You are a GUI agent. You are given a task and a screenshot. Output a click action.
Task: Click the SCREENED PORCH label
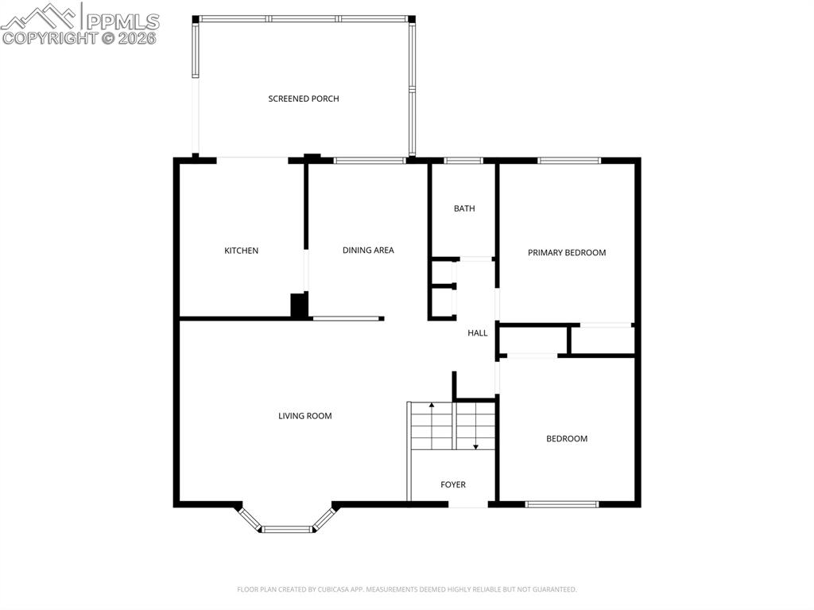[x=304, y=99]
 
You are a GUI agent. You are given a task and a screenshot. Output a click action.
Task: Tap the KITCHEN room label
[x=241, y=251]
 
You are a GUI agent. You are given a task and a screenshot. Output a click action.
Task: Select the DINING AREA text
[x=368, y=250]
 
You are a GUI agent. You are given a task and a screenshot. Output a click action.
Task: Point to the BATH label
[x=464, y=208]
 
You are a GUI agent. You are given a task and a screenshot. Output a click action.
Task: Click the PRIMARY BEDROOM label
[x=567, y=252]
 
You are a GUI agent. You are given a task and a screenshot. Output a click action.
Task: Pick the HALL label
[x=477, y=332]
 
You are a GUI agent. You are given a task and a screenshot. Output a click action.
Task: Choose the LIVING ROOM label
[x=304, y=415]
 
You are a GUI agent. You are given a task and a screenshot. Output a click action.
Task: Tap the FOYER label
[x=453, y=484]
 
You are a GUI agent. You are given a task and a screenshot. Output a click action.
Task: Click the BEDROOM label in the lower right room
[x=567, y=438]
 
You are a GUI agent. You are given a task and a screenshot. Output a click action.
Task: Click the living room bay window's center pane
[x=286, y=529]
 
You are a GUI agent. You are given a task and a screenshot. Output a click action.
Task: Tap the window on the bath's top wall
[x=463, y=161]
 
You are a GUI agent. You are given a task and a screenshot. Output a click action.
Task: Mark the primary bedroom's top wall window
[x=569, y=161]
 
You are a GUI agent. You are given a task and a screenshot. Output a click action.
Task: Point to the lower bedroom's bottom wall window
[x=562, y=504]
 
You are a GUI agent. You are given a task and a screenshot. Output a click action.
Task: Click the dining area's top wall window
[x=370, y=161]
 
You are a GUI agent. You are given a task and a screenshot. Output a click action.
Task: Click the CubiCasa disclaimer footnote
[x=406, y=589]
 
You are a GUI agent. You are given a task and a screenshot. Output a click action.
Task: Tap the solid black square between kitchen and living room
[x=299, y=305]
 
